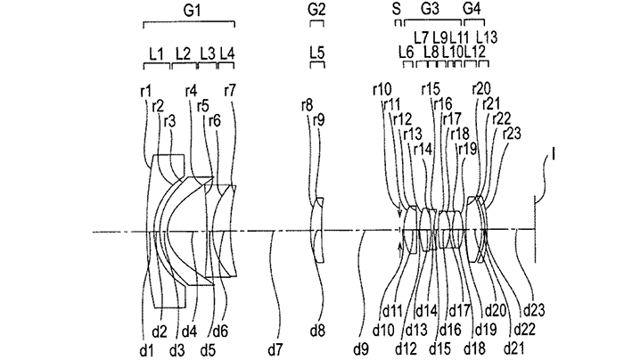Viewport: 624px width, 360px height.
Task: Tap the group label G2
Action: point(316,10)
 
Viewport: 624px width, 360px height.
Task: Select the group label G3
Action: point(430,10)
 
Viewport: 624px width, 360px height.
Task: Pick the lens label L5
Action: point(316,53)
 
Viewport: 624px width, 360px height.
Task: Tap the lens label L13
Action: point(487,37)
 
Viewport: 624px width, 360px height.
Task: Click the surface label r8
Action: point(308,106)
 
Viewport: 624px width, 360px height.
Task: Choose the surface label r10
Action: point(382,89)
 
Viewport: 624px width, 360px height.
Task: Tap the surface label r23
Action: point(512,134)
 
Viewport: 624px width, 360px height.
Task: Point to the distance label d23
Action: point(533,310)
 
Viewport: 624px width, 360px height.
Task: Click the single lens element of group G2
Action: point(316,230)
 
